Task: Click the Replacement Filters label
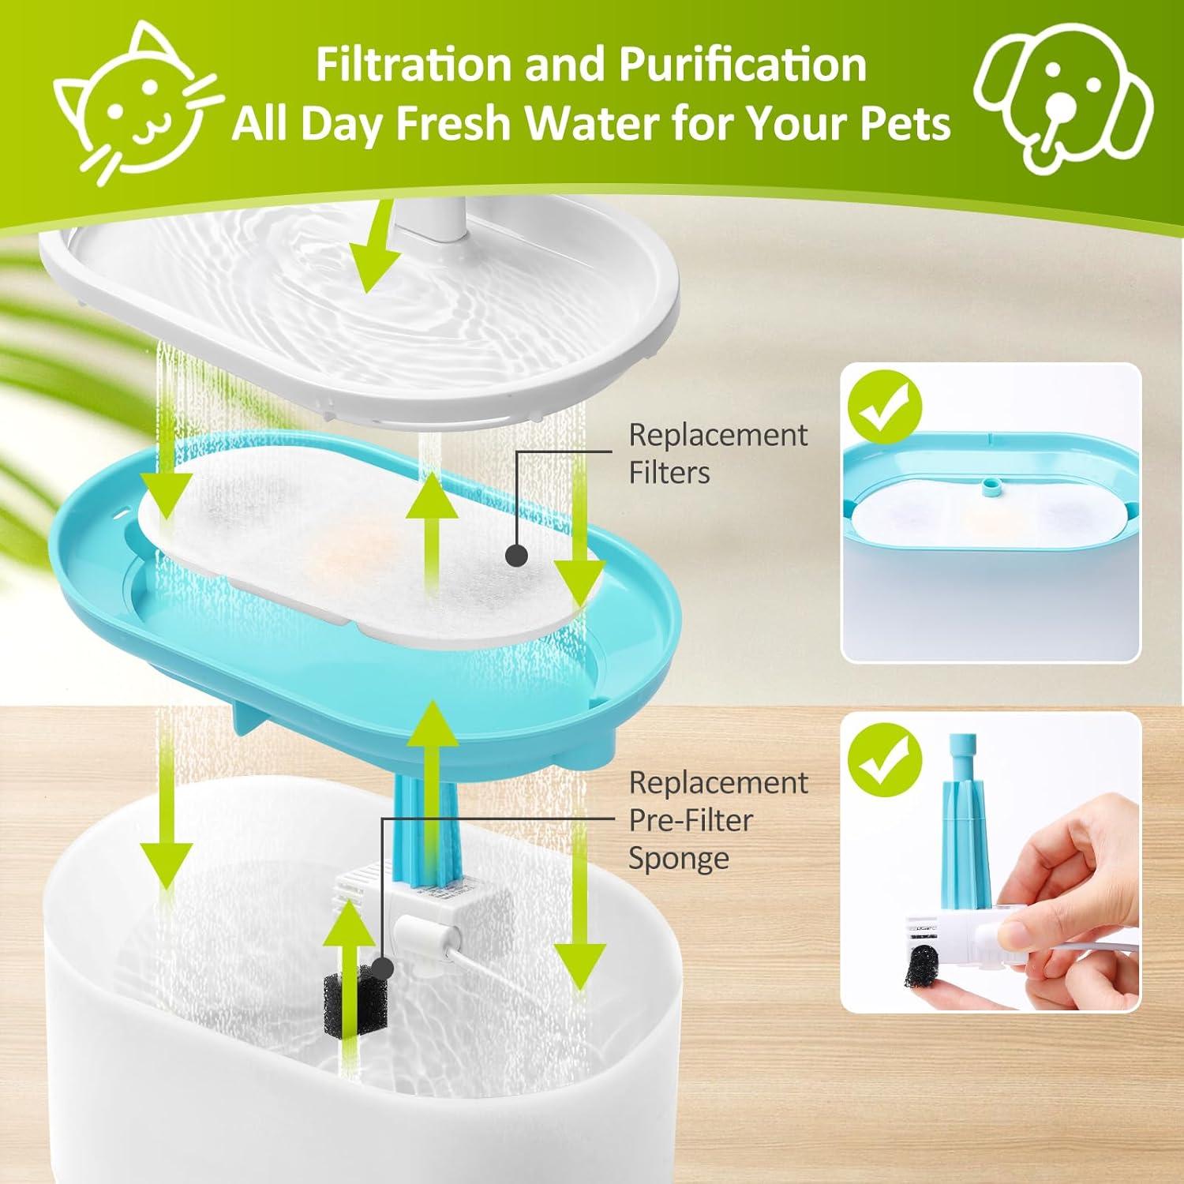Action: pyautogui.click(x=717, y=454)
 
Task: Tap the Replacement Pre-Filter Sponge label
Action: pyautogui.click(x=717, y=820)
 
